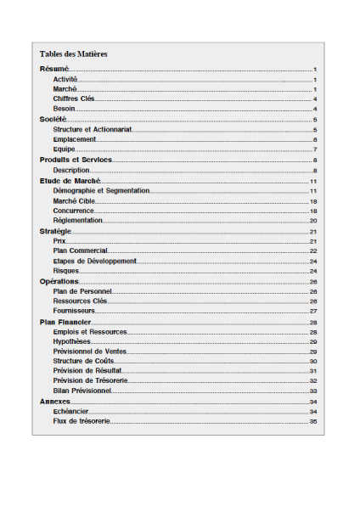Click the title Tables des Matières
pos(73,53)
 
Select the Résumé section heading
pos(54,69)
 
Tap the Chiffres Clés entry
pos(74,98)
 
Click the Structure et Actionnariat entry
pos(93,129)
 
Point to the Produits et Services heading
pos(76,160)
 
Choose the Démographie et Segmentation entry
pos(101,190)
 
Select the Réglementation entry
pos(77,220)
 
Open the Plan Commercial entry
pos(80,250)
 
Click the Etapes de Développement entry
pos(94,261)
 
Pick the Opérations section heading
pos(59,281)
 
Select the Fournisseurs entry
pos(74,311)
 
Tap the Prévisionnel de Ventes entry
pos(89,351)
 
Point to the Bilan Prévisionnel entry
pos(82,391)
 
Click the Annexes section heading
pos(55,401)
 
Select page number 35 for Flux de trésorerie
pos(313,421)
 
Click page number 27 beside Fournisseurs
pos(313,311)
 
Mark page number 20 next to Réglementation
pos(313,220)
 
